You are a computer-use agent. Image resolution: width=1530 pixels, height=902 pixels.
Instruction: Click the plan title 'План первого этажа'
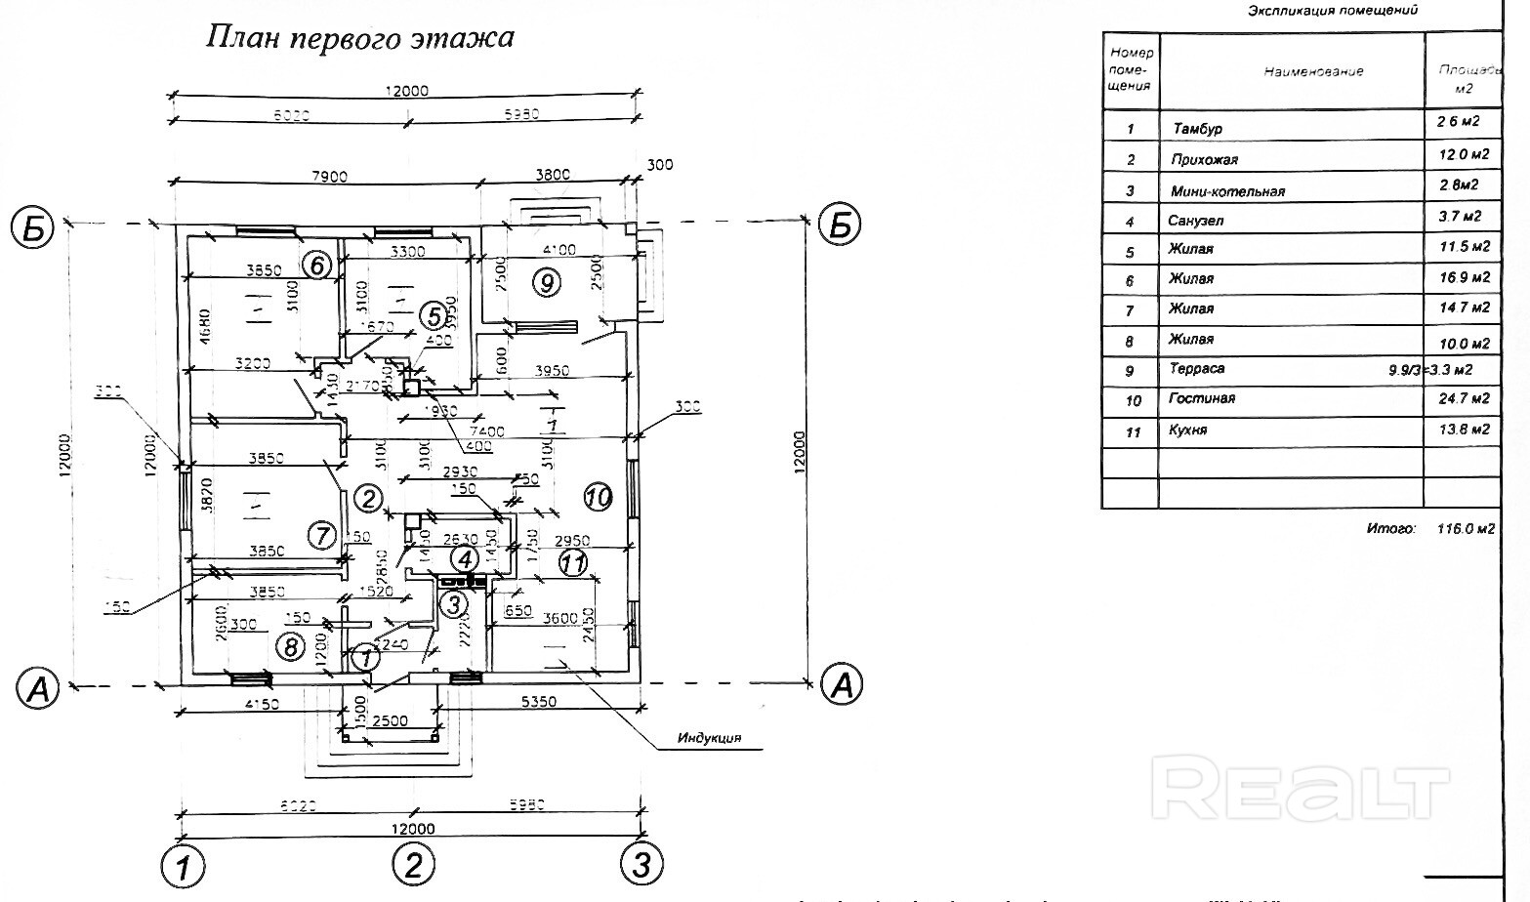click(360, 38)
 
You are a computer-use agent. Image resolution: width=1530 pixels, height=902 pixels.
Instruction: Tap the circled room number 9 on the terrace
click(547, 283)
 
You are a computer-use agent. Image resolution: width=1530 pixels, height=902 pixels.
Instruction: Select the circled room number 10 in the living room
click(599, 498)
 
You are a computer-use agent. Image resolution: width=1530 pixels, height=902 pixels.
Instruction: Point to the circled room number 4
click(466, 559)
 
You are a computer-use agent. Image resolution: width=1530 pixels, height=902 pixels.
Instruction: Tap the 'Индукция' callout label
click(710, 738)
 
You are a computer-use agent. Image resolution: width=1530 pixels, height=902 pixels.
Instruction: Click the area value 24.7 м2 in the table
click(1463, 398)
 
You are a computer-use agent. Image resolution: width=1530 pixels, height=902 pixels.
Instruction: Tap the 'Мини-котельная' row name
click(1227, 191)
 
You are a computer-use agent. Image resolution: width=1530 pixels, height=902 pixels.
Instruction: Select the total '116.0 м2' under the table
click(1465, 529)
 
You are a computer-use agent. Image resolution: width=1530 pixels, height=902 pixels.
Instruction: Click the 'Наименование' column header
click(1313, 71)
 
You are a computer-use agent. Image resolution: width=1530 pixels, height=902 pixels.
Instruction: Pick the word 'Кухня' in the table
click(1187, 430)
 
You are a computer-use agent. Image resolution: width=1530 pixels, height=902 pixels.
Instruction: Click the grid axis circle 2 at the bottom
click(413, 865)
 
